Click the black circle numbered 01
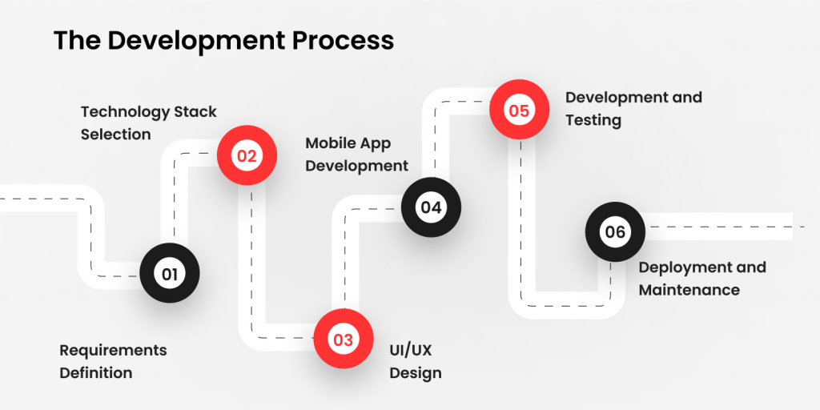click(x=169, y=274)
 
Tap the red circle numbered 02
click(x=247, y=156)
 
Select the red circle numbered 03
click(x=343, y=340)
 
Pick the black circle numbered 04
click(x=431, y=207)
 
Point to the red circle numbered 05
click(x=519, y=111)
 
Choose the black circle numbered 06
click(x=615, y=232)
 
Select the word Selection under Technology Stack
click(x=115, y=134)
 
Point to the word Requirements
click(x=113, y=350)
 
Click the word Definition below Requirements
click(x=95, y=372)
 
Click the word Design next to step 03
click(x=416, y=372)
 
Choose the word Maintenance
click(x=689, y=289)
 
